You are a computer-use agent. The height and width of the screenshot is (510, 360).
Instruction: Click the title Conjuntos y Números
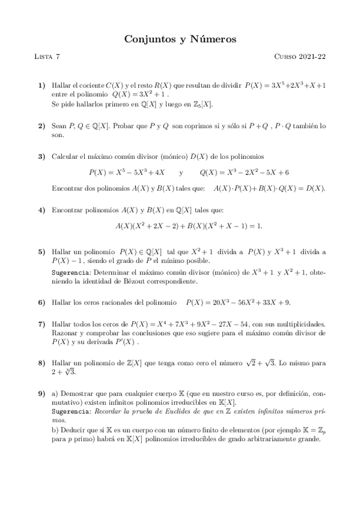tap(180, 39)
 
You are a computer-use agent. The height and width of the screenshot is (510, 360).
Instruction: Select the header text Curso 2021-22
tap(300, 57)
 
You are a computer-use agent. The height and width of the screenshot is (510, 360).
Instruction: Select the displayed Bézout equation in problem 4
tap(180, 226)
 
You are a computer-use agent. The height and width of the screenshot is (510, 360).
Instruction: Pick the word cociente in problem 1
tap(89, 86)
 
